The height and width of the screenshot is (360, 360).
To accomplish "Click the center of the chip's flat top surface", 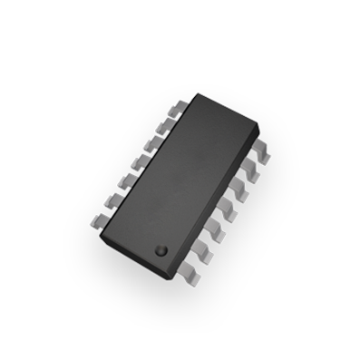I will (x=180, y=181).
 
